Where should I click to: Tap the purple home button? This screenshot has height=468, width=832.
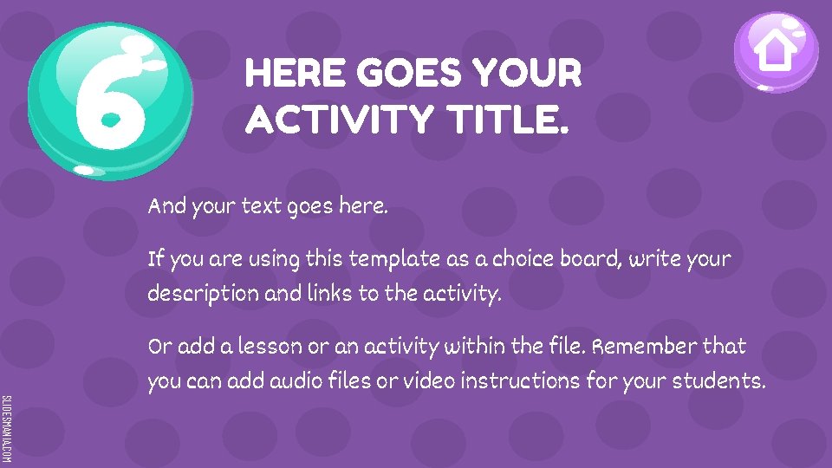coord(776,52)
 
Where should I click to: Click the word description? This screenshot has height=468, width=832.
coord(203,294)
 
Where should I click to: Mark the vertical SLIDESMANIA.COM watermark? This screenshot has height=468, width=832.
coord(6,428)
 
